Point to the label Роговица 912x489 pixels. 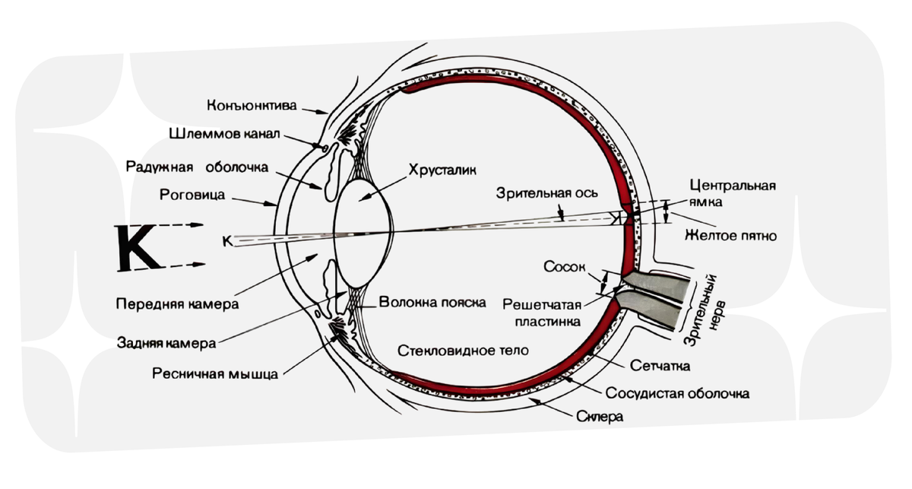click(x=192, y=194)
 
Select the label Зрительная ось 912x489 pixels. click(x=533, y=192)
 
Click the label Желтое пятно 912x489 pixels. click(x=730, y=236)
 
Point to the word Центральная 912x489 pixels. click(x=733, y=185)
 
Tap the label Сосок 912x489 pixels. click(x=563, y=268)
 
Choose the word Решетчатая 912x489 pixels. click(x=542, y=305)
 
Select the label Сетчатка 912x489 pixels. click(x=660, y=367)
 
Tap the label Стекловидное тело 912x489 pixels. click(x=464, y=350)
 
